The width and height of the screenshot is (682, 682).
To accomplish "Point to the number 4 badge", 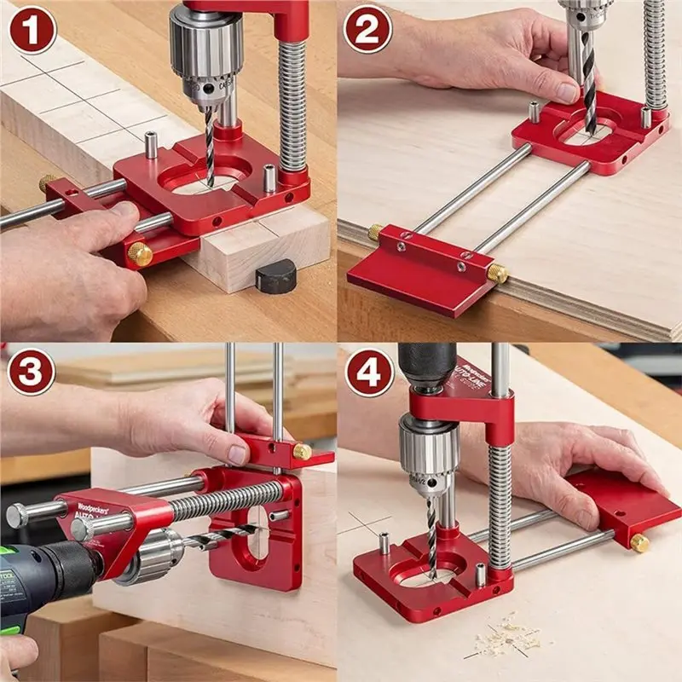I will [368, 371].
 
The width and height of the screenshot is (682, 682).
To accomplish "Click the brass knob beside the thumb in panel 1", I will [140, 254].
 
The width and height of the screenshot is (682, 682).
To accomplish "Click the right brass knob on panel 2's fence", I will [499, 273].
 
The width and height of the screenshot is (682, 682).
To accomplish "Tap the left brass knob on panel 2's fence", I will [375, 231].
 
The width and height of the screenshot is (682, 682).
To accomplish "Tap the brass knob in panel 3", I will [302, 451].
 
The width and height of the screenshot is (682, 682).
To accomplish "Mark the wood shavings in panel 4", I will [511, 635].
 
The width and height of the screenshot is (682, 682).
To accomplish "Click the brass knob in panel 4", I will [639, 543].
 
